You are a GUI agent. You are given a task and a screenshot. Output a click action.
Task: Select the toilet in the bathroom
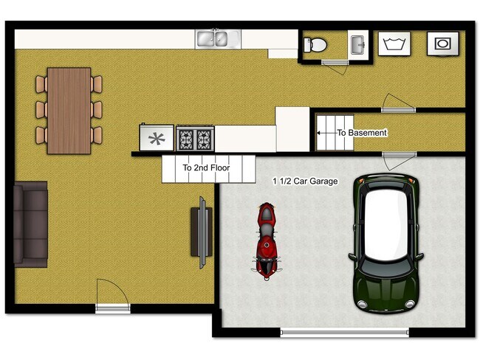coord(316,45)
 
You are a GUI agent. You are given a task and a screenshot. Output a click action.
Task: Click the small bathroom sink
coord(357,44)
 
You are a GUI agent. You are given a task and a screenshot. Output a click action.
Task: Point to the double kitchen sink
coord(217,39)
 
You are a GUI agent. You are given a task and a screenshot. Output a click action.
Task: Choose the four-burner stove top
coord(195,138)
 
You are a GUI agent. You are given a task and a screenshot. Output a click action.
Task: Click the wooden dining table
coord(69,110)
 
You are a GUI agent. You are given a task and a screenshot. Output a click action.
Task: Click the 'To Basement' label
coord(362,133)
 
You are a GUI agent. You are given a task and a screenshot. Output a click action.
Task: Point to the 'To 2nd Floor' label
coord(206,168)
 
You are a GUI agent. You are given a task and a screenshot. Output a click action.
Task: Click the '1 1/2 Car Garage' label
coord(305,181)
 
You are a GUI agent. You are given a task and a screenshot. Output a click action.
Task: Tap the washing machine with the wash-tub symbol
coord(393,44)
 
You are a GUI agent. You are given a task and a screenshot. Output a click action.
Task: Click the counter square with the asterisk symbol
coord(157,138)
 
